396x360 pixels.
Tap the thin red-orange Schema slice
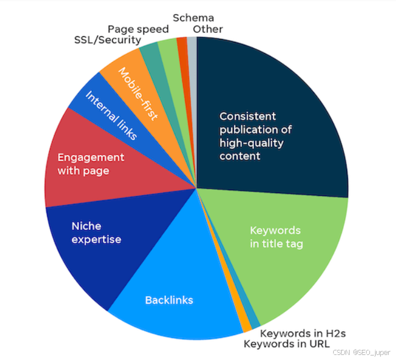tap(182, 45)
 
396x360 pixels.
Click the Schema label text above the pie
tap(193, 18)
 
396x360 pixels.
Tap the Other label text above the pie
tap(208, 29)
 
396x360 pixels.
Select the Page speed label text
tap(138, 29)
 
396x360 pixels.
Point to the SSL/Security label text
tap(107, 40)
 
